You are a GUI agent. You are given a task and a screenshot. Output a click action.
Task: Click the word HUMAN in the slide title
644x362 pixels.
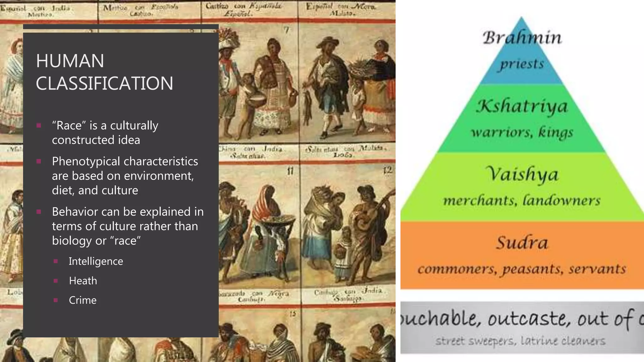(70, 61)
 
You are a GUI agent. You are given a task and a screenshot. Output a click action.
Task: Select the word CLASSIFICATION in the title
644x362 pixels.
(104, 83)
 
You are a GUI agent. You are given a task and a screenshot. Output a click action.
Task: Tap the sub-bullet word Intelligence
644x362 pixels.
(96, 261)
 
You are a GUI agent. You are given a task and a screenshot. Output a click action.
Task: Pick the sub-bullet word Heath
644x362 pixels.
(83, 281)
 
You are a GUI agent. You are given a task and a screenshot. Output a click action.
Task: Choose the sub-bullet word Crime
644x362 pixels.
(83, 300)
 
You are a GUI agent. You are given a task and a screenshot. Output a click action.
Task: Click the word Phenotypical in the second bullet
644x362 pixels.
(91, 162)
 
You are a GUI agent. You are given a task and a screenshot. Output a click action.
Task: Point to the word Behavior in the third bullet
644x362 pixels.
(77, 212)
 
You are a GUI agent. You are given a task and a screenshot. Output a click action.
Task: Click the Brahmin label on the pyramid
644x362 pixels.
(522, 38)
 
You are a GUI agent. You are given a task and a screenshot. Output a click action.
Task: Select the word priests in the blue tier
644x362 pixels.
(522, 64)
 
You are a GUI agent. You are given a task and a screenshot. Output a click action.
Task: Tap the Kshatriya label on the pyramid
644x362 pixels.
(522, 106)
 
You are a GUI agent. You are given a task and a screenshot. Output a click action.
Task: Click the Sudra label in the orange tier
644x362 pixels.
(522, 243)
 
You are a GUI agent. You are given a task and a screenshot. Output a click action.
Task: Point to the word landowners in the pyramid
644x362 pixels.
(561, 200)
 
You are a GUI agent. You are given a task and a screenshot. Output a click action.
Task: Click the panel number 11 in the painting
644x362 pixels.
(290, 171)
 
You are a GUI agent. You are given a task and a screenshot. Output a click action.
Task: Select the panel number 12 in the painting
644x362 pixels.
(388, 170)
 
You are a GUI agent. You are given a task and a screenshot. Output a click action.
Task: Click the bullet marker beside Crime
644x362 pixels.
(56, 300)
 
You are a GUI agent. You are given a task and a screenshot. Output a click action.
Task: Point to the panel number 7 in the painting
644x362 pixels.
(286, 30)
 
